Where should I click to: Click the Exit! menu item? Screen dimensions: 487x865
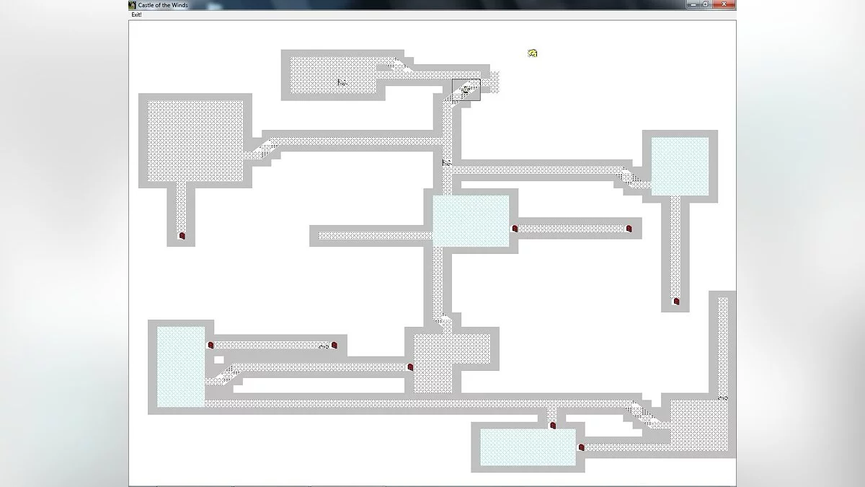tap(136, 14)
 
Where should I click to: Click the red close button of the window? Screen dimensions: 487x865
tap(727, 4)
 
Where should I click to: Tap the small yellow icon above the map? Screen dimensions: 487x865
tap(533, 53)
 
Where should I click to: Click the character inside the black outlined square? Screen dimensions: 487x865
tap(466, 89)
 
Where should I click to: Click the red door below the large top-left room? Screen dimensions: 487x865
tap(182, 236)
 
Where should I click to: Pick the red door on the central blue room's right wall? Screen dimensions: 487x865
tap(515, 229)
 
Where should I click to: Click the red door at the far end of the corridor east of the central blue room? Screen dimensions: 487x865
tap(629, 229)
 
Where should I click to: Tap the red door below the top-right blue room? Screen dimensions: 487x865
tap(676, 302)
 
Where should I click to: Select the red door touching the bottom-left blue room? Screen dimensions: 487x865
tap(211, 346)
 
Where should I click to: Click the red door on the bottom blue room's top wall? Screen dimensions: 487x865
tap(553, 426)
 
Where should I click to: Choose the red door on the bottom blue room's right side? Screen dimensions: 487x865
tap(581, 447)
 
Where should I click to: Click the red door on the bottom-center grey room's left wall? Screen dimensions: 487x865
tap(410, 367)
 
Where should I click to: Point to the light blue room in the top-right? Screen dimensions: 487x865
tap(680, 166)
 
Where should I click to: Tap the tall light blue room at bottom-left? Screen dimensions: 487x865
tap(180, 367)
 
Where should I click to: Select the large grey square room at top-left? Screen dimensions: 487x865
tap(195, 141)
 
